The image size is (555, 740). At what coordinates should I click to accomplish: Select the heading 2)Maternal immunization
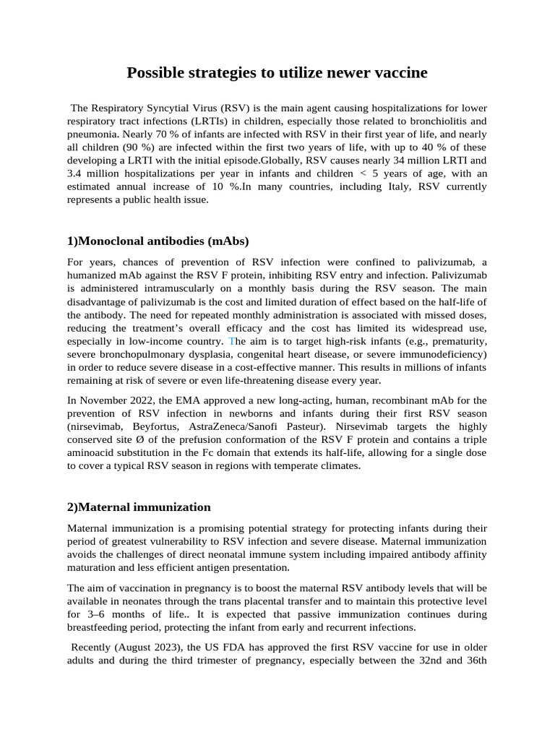[x=139, y=507]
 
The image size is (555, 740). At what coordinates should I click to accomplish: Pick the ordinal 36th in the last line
[x=474, y=661]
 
